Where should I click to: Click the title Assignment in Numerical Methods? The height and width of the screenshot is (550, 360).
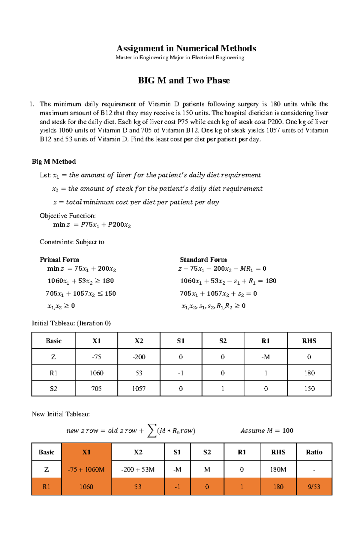(186, 48)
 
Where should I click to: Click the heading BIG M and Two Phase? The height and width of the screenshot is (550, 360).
(184, 80)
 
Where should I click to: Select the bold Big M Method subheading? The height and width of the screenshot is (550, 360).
(54, 162)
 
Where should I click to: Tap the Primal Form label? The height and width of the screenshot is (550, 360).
(59, 260)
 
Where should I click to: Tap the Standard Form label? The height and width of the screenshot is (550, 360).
(203, 260)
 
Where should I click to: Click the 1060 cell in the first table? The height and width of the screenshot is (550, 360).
(96, 373)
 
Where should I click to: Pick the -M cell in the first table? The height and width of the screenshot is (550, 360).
(265, 357)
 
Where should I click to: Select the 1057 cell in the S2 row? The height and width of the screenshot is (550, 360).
(139, 389)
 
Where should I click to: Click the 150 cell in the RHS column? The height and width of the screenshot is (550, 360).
(309, 389)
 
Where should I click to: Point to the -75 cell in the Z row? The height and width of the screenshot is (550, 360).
(96, 357)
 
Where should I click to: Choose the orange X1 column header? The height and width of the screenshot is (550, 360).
(86, 452)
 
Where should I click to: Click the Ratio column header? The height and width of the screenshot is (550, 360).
(314, 452)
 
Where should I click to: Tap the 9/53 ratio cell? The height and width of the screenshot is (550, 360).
(314, 487)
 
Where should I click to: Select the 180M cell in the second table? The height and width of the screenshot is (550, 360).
(278, 469)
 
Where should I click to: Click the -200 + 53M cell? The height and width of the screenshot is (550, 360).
(138, 469)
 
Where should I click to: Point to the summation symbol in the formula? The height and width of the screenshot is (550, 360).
(152, 431)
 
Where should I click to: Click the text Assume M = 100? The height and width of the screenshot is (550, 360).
(267, 431)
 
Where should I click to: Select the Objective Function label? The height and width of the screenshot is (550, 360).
(68, 216)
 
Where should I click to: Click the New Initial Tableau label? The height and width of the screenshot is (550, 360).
(61, 414)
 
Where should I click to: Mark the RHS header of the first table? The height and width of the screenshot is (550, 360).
(309, 341)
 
